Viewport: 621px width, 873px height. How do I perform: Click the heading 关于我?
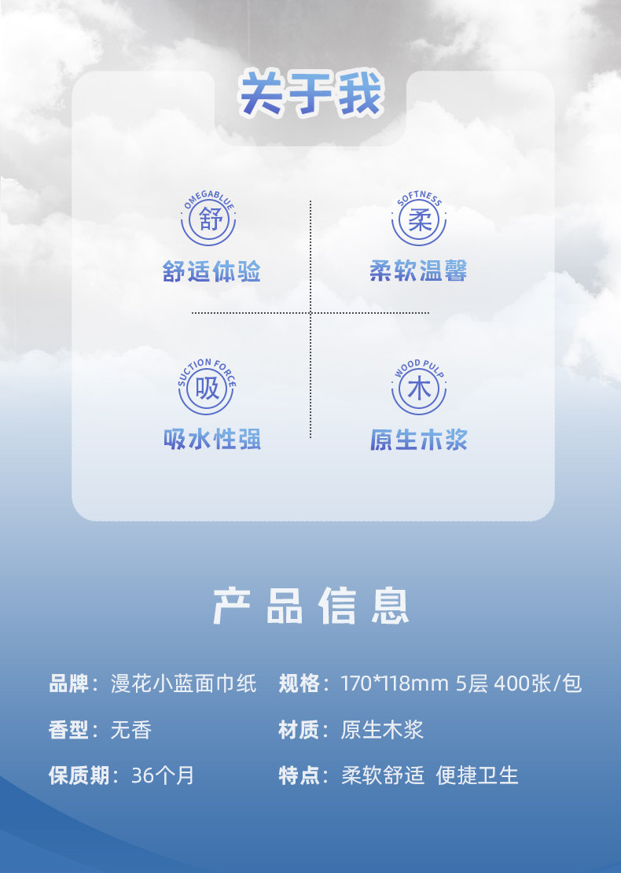pyautogui.click(x=311, y=95)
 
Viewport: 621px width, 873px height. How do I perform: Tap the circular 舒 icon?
pyautogui.click(x=208, y=220)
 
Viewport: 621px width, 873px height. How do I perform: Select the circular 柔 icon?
pyautogui.click(x=419, y=220)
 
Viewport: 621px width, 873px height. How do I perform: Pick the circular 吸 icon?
pyautogui.click(x=208, y=389)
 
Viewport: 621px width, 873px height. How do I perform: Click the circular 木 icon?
pyautogui.click(x=419, y=389)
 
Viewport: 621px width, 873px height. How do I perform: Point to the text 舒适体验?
pyautogui.click(x=211, y=272)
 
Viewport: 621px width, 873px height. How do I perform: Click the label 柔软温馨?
pyautogui.click(x=419, y=272)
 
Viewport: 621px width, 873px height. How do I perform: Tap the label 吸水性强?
pyautogui.click(x=211, y=440)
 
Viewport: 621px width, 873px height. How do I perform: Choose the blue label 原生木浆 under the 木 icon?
pyautogui.click(x=419, y=440)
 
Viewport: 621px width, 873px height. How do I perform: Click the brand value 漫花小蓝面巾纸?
pyautogui.click(x=184, y=683)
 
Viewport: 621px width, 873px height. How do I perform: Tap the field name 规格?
pyautogui.click(x=298, y=683)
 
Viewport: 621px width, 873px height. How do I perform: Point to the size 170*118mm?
pyautogui.click(x=394, y=683)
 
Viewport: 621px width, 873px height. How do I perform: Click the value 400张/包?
pyautogui.click(x=538, y=683)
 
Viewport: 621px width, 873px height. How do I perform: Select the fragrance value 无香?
pyautogui.click(x=130, y=730)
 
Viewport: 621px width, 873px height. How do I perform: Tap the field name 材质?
pyautogui.click(x=298, y=730)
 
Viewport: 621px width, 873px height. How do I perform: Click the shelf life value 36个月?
pyautogui.click(x=162, y=775)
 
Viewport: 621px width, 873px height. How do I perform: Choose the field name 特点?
pyautogui.click(x=298, y=775)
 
